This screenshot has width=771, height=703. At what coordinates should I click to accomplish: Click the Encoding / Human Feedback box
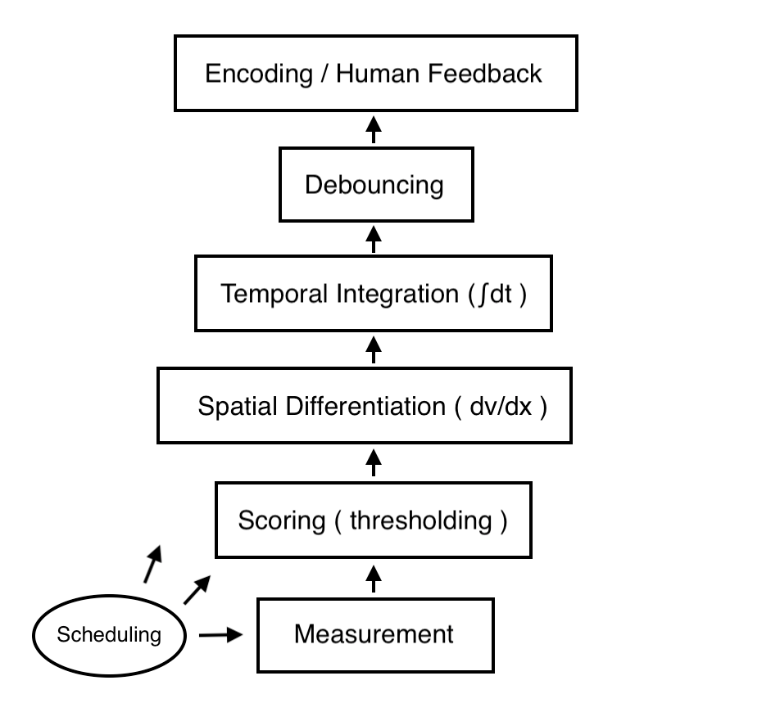click(375, 74)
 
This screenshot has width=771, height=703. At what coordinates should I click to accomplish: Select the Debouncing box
click(375, 185)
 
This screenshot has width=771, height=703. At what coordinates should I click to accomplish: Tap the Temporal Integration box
click(374, 294)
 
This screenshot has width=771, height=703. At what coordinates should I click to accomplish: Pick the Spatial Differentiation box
click(365, 405)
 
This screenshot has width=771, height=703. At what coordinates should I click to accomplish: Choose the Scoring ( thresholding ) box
click(373, 520)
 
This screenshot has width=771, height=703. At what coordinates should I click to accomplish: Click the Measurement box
click(375, 634)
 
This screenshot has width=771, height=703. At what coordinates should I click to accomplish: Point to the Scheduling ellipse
click(110, 634)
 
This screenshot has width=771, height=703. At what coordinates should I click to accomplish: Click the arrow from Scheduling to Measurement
click(222, 634)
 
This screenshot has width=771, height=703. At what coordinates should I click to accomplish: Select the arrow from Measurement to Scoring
click(374, 577)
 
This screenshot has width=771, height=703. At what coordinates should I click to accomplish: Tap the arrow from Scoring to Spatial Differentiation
click(374, 462)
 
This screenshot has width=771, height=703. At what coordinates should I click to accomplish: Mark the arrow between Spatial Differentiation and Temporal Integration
click(374, 349)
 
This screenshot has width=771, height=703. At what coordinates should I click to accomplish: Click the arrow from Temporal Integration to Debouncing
click(374, 238)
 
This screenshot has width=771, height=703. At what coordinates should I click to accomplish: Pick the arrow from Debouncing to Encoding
click(374, 128)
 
